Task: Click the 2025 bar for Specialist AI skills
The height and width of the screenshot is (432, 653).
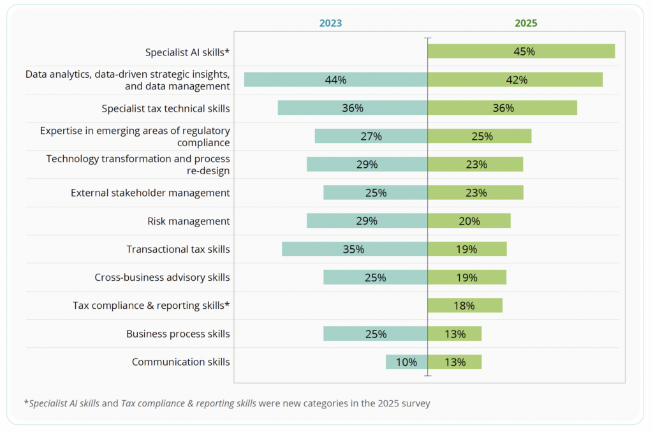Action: coord(521,52)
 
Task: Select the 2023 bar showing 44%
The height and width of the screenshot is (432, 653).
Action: coord(335,80)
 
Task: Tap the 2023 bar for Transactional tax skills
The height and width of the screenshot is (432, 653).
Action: coord(355,249)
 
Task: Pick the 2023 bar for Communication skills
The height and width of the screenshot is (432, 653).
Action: coord(406,362)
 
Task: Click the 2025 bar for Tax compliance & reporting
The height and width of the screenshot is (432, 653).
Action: coord(465,306)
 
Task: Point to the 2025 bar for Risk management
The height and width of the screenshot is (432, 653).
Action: coord(469,221)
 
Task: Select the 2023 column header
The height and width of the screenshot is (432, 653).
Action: coord(330,23)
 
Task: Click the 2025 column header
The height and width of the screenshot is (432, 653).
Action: coord(526,23)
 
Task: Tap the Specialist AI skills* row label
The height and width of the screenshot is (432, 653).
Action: coord(187,52)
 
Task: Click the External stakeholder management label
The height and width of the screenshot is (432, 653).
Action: coord(150,193)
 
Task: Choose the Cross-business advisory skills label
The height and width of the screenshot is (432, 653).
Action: coord(162,278)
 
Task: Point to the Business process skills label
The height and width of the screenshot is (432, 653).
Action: coord(178,334)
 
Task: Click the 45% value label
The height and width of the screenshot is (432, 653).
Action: coord(524,52)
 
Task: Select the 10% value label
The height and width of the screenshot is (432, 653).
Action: coord(407,362)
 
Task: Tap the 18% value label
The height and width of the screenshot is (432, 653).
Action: coord(464,306)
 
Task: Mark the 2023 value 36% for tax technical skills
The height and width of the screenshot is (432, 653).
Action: coord(353,108)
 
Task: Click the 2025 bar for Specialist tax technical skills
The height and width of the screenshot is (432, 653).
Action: coord(502,108)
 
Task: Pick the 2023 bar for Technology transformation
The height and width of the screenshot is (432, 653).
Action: coord(367,164)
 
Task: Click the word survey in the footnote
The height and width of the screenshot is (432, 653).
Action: coord(415,403)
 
